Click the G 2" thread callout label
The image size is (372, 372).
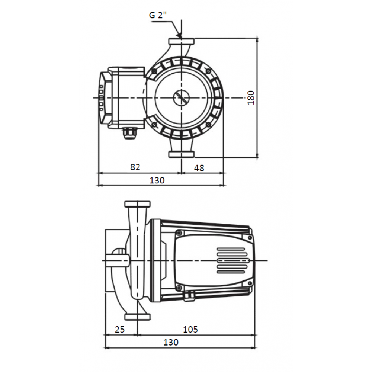point(157,15)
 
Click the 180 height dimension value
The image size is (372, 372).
point(251,97)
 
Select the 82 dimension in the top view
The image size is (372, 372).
point(135,167)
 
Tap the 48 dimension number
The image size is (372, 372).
point(199,168)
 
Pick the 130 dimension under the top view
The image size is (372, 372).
point(157,180)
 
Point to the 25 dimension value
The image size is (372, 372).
point(119,329)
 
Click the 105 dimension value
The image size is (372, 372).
point(190,329)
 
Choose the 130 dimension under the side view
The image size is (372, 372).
point(171,342)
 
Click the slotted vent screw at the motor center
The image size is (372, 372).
point(181,98)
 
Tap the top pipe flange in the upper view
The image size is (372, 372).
point(181,41)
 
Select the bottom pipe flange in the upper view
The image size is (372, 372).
point(181,154)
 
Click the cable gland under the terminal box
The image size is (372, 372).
point(129,134)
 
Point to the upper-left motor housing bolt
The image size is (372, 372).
point(154,71)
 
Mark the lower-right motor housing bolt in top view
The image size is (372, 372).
point(209,125)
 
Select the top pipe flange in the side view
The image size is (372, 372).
point(137,204)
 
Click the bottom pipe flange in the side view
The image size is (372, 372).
point(137,317)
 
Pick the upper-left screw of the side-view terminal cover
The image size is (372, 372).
point(179,232)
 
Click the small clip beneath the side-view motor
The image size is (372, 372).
point(189,296)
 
